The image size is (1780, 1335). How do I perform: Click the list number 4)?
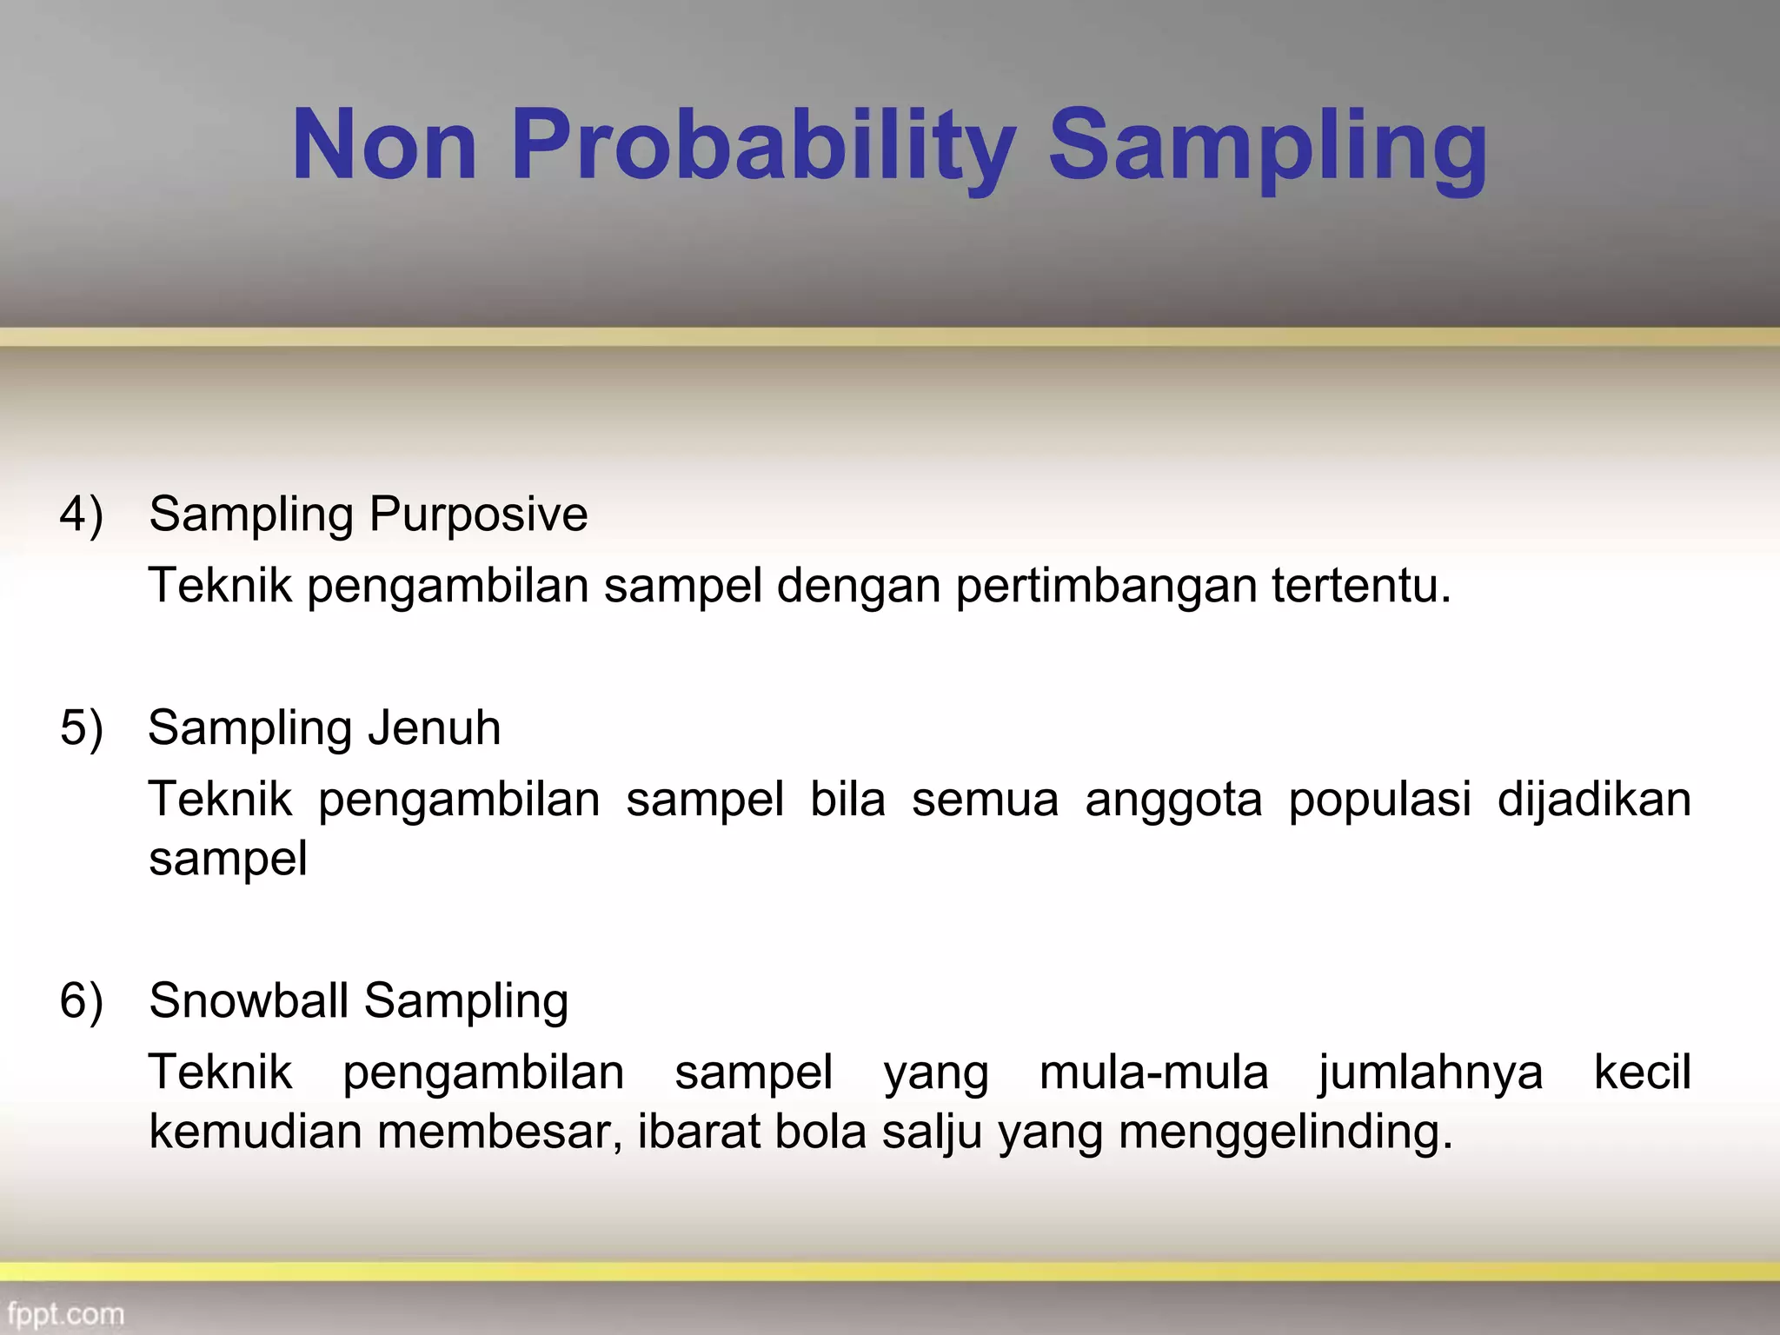click(82, 514)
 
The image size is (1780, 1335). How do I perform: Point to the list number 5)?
click(82, 727)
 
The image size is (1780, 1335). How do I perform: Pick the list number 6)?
click(82, 1000)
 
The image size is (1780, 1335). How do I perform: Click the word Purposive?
click(478, 514)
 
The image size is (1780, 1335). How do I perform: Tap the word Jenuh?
click(434, 727)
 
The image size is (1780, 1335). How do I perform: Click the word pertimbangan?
click(1106, 586)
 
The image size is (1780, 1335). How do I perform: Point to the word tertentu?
click(1360, 586)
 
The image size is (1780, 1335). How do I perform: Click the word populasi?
click(1379, 800)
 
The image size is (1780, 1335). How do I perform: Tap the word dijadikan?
click(1593, 800)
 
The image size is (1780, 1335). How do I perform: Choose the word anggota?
click(1172, 800)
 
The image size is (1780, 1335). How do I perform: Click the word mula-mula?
click(1153, 1073)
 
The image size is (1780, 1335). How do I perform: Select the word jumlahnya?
click(1431, 1073)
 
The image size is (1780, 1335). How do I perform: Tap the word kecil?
click(1642, 1073)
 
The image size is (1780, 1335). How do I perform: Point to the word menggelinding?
click(1284, 1132)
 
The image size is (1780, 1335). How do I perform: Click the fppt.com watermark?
click(66, 1313)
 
